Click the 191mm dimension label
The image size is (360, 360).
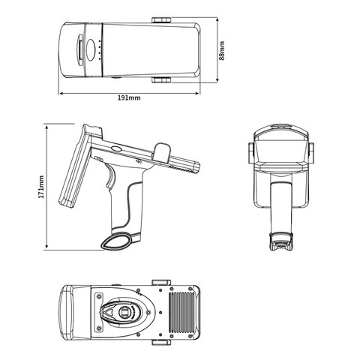[129, 99]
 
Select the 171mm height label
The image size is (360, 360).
[41, 186]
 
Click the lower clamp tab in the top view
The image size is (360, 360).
[165, 79]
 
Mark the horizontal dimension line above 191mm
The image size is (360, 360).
[129, 94]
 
